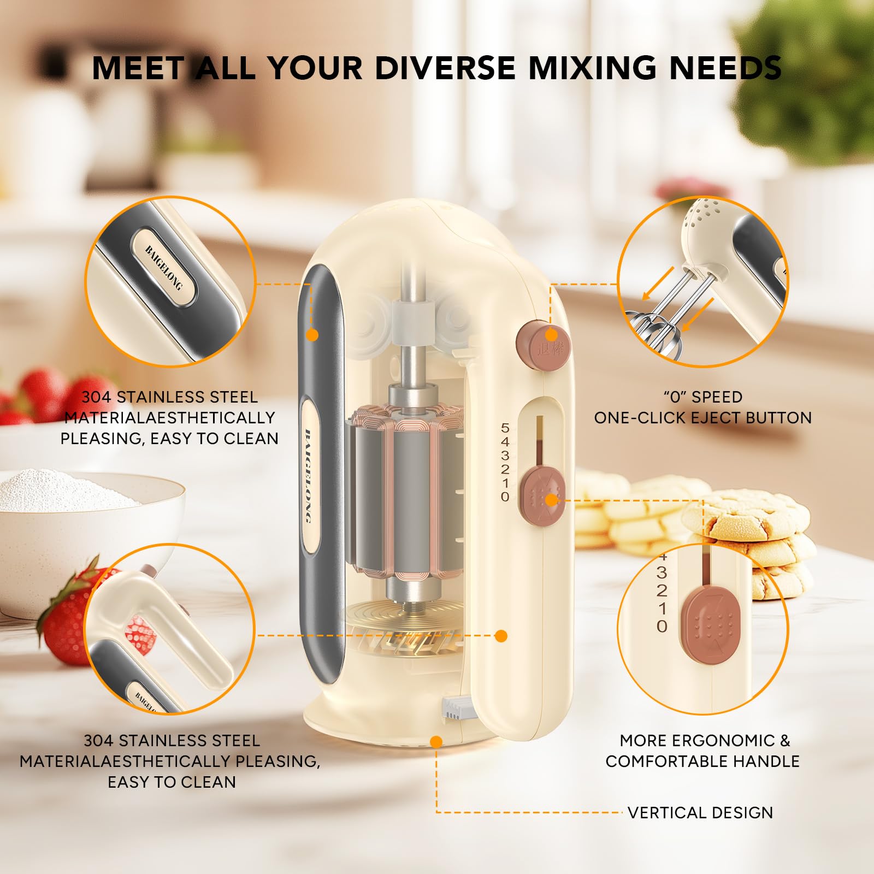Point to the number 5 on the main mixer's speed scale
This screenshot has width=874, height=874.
click(x=505, y=428)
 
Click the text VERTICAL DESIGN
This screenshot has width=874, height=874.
click(x=700, y=812)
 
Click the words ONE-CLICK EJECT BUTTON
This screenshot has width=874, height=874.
click(x=703, y=418)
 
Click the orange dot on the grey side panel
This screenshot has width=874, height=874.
click(x=312, y=335)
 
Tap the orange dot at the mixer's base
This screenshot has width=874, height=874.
click(x=436, y=742)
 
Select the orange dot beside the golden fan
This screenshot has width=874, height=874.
click(x=501, y=635)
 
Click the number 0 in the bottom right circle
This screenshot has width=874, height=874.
click(x=662, y=626)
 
